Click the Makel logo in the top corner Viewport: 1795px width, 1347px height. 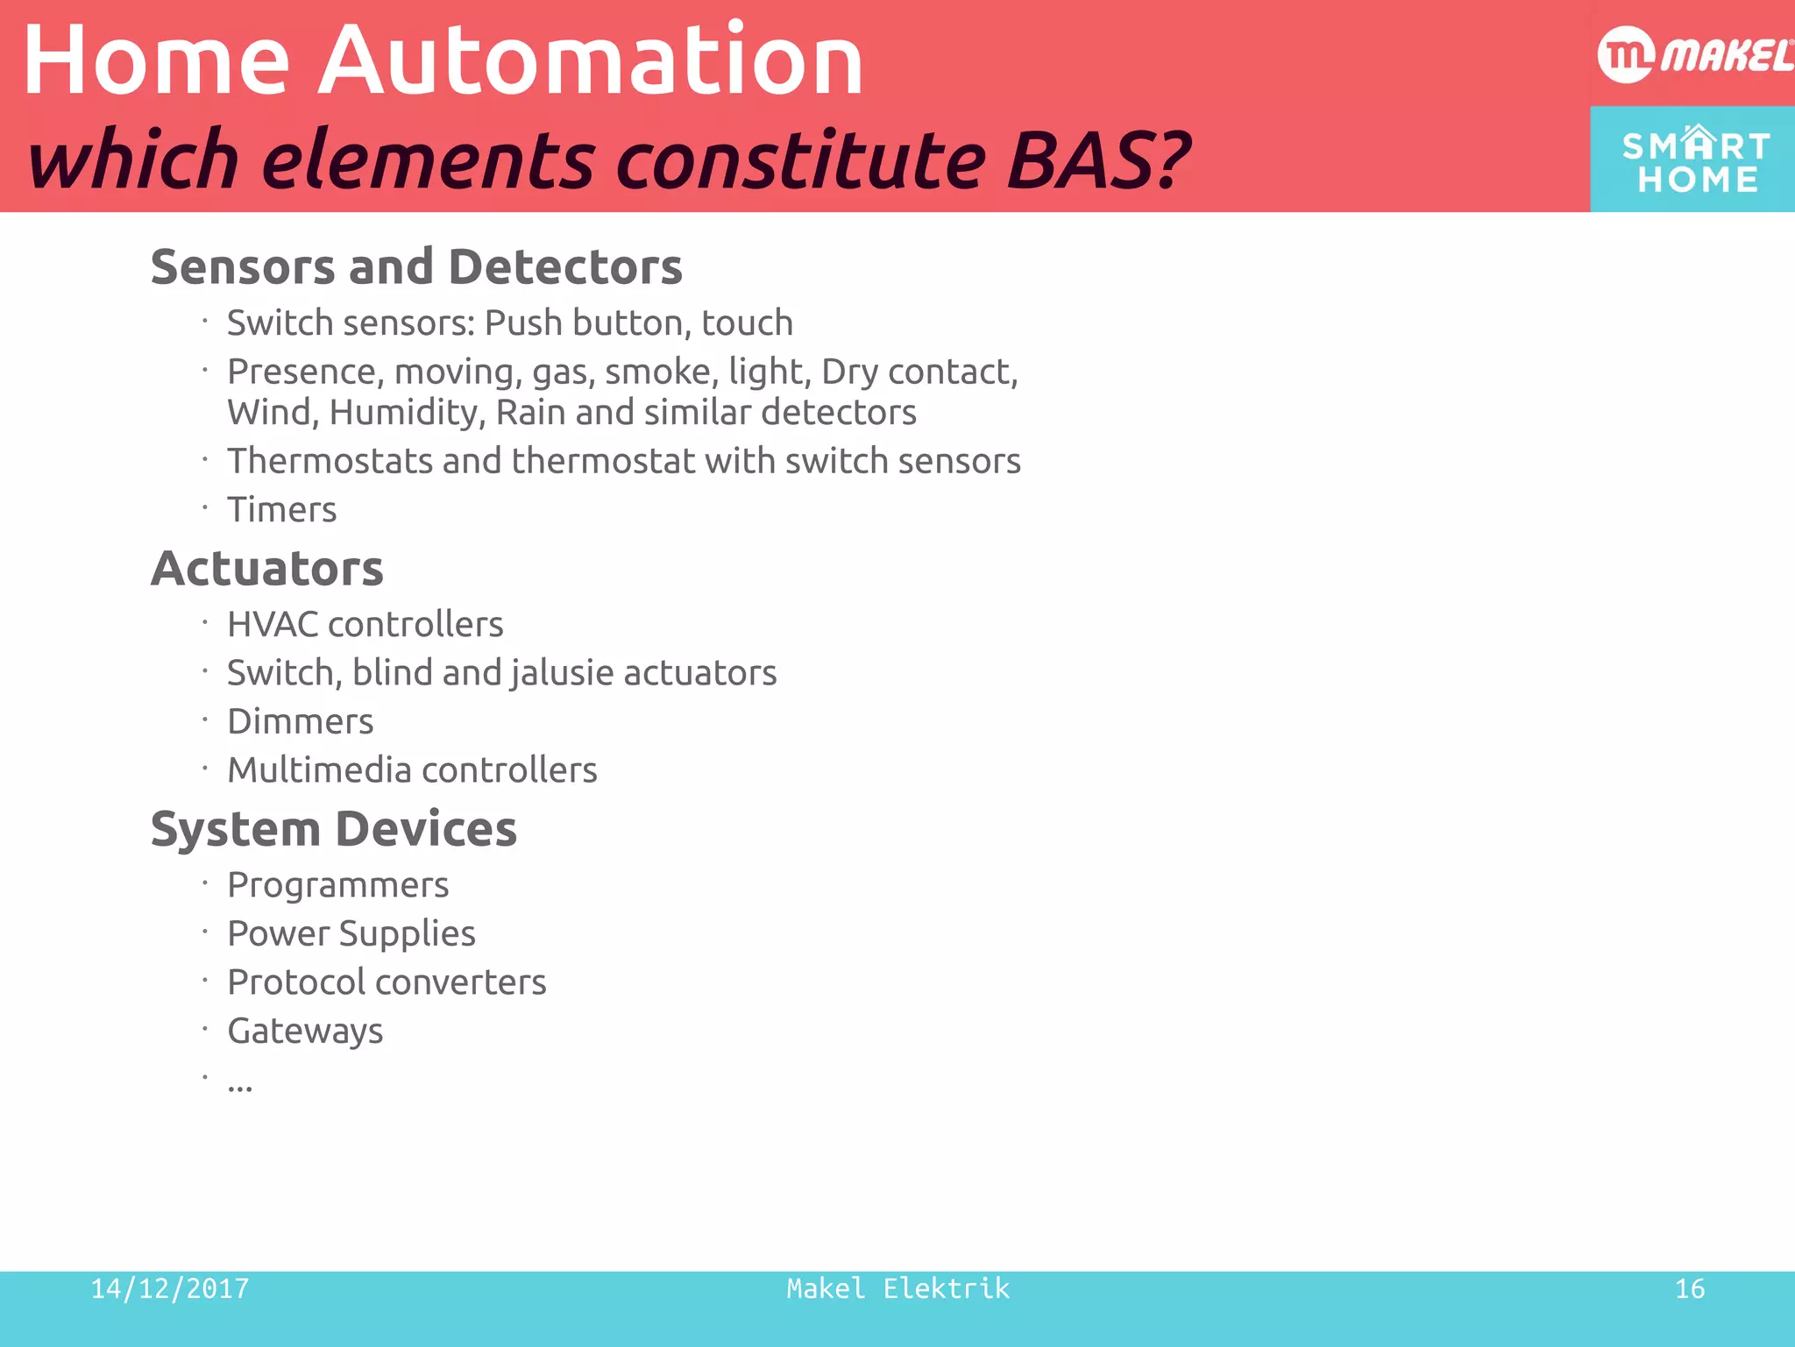click(x=1693, y=55)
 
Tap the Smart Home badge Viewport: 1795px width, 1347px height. click(x=1693, y=160)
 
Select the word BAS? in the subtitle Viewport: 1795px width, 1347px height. click(x=1097, y=160)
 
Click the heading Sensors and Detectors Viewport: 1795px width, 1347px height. click(x=416, y=266)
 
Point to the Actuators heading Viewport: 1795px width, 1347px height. click(x=267, y=568)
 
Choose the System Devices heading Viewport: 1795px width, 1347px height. click(x=334, y=828)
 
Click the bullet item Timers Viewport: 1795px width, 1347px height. click(x=281, y=509)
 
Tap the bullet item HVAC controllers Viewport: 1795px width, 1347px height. click(x=365, y=624)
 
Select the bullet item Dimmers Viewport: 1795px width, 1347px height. click(x=300, y=721)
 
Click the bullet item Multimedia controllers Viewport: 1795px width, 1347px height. click(x=412, y=769)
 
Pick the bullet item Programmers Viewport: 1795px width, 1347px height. click(x=337, y=885)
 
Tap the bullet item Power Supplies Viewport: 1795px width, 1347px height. click(x=351, y=933)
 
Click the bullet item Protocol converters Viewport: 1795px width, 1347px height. click(x=387, y=982)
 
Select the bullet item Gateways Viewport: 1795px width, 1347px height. click(x=305, y=1031)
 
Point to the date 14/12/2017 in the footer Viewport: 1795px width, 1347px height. click(x=170, y=1288)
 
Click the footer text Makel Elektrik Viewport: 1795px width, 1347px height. click(x=897, y=1288)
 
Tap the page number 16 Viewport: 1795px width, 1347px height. click(x=1689, y=1288)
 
